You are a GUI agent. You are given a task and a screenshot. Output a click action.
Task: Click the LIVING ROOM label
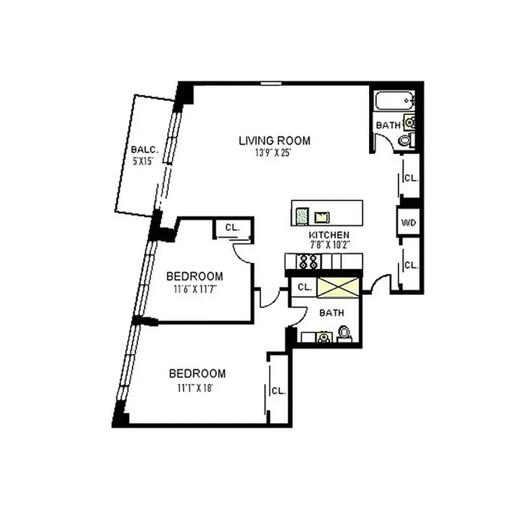tap(274, 141)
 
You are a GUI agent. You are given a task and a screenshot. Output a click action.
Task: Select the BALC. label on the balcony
tap(144, 150)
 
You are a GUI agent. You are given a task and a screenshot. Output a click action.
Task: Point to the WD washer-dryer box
tap(408, 222)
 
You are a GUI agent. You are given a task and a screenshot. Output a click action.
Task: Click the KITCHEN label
tap(329, 235)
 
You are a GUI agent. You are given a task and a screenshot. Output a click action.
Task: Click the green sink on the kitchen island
tap(302, 216)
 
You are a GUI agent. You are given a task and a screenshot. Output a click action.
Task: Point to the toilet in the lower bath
tap(344, 333)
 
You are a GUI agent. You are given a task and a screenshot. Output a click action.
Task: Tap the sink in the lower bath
tap(323, 338)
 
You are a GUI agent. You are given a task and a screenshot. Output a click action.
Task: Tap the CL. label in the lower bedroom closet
tap(278, 391)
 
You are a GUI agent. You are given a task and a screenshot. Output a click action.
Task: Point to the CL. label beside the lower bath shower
tap(304, 287)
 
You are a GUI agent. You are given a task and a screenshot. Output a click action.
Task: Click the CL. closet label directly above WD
tap(411, 178)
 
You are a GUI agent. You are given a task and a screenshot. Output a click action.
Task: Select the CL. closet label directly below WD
tap(411, 265)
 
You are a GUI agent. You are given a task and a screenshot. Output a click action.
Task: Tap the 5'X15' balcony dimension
tap(143, 161)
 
